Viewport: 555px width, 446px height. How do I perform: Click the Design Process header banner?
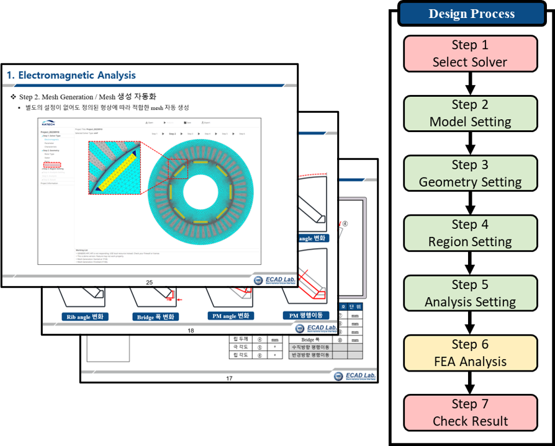coord(471,14)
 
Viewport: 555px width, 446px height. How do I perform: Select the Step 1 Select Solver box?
coord(470,53)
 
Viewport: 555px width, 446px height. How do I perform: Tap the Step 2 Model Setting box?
coord(470,113)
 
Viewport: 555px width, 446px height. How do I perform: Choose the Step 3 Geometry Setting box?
coord(470,173)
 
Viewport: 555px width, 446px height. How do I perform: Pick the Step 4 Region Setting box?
coord(470,233)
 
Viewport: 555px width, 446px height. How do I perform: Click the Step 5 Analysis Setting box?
coord(470,293)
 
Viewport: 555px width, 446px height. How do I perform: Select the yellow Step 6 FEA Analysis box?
coord(470,352)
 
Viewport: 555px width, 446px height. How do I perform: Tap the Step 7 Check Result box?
coord(470,413)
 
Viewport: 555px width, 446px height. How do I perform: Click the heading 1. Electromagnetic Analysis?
coord(71,76)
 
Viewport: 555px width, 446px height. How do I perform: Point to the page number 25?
coord(149,283)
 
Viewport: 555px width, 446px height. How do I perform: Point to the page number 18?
coord(191,331)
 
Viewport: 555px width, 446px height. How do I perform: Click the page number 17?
coord(229,378)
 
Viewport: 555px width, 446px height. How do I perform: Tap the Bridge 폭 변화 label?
coord(155,316)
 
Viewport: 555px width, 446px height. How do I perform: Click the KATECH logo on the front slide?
coord(48,123)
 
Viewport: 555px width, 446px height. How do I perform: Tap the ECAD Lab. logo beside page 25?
coord(274,280)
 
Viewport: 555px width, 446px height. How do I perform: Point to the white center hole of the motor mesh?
coord(200,185)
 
